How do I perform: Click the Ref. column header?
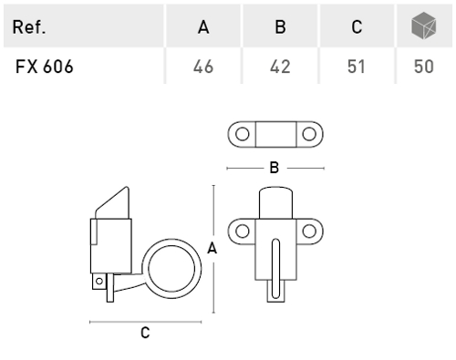tap(29, 27)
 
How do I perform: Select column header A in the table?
tap(203, 27)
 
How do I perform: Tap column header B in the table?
tap(280, 27)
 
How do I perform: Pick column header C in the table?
tap(357, 27)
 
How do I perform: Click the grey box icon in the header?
tap(424, 26)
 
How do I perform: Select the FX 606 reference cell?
tap(45, 67)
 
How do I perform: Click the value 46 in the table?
tap(203, 67)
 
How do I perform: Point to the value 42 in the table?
tap(280, 67)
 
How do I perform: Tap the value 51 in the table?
tap(357, 67)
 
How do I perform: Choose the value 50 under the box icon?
tap(424, 67)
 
